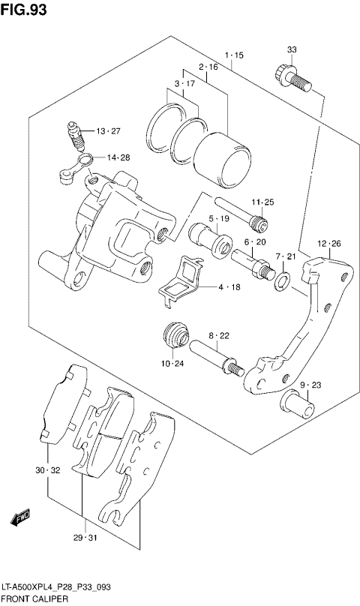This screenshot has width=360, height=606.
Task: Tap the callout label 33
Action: pos(292,50)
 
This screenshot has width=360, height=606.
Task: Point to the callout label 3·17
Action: pos(185,83)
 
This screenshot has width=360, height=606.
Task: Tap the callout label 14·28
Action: pos(118,157)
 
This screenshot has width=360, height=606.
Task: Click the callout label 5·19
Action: pos(219,219)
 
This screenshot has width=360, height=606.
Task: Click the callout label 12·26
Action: pos(328,244)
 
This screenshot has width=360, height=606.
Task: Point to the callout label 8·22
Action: pos(219,335)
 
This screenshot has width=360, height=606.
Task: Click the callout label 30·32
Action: pos(46,471)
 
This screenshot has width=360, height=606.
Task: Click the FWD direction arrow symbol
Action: pos(21,517)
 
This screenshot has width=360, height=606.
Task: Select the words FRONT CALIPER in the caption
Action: pos(35,599)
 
